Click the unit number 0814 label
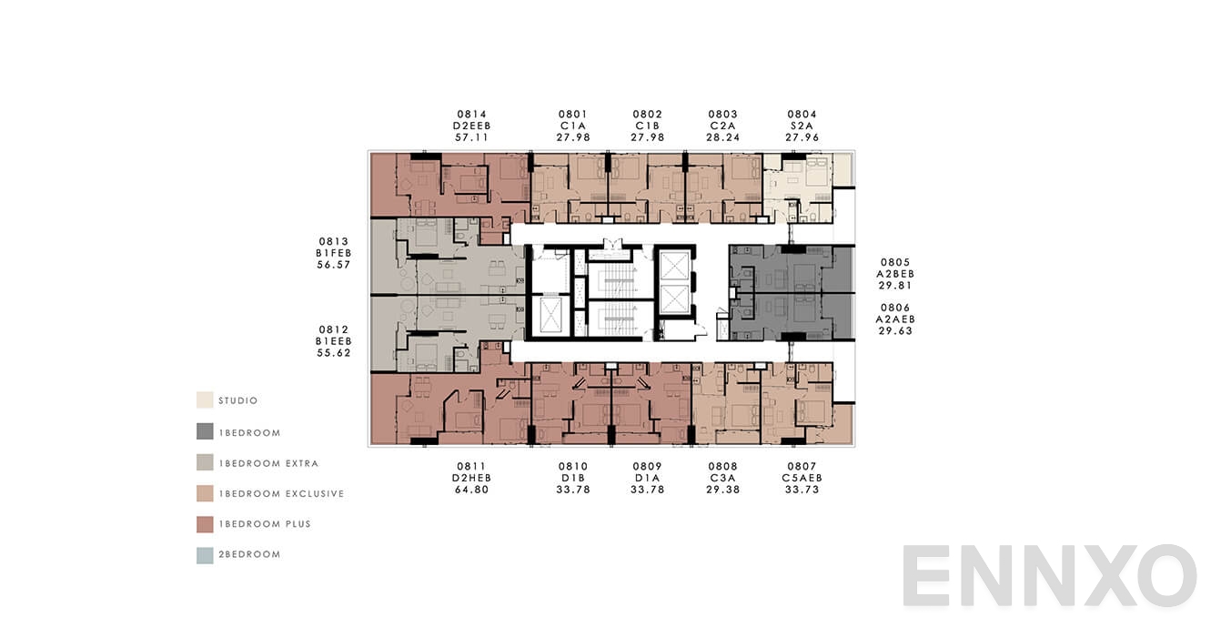click(x=471, y=114)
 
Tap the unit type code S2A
click(x=802, y=126)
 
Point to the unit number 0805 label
click(x=895, y=262)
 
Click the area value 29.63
click(x=895, y=331)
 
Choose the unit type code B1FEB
click(x=333, y=253)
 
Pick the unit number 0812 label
click(x=333, y=329)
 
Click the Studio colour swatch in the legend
click(x=205, y=400)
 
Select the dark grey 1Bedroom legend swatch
click(x=205, y=432)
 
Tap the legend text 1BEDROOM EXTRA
click(x=268, y=463)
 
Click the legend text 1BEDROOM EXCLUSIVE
click(x=281, y=494)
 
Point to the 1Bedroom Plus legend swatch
click(x=205, y=524)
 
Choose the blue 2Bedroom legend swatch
click(x=205, y=554)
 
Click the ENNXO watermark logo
click(x=1049, y=576)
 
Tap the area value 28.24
click(x=722, y=137)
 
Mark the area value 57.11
click(x=471, y=137)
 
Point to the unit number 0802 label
click(x=648, y=114)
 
